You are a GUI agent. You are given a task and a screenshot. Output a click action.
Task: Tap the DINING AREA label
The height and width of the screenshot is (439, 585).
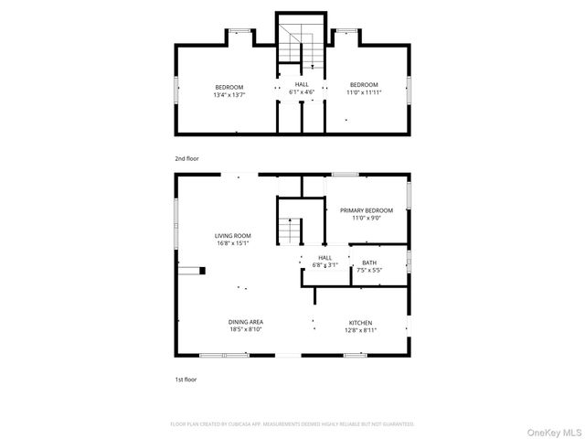tap(246, 322)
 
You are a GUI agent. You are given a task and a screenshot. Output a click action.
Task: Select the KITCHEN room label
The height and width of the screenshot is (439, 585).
tap(360, 322)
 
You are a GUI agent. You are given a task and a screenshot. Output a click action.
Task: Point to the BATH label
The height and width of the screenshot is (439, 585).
tap(369, 262)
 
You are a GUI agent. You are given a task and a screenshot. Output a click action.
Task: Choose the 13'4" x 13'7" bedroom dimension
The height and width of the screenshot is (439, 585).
tap(229, 93)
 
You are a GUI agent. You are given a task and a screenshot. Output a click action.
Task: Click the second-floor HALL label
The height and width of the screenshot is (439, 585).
tap(302, 84)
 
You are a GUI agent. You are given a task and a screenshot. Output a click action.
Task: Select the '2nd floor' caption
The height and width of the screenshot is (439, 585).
tap(186, 158)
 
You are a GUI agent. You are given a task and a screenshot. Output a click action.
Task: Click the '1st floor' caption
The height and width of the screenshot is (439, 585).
tap(186, 379)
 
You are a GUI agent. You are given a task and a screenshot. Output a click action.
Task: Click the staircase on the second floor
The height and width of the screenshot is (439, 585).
tap(303, 46)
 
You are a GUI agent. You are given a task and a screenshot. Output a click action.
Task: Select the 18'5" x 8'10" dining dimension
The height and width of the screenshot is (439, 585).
tap(246, 330)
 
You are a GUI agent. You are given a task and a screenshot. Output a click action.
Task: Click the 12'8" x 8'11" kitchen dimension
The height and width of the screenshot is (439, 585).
tap(360, 330)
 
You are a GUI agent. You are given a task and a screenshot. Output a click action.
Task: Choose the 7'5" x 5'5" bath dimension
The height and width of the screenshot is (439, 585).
tap(369, 271)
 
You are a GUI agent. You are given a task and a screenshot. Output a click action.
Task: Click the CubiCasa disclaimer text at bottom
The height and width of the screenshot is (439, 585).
tap(292, 424)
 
